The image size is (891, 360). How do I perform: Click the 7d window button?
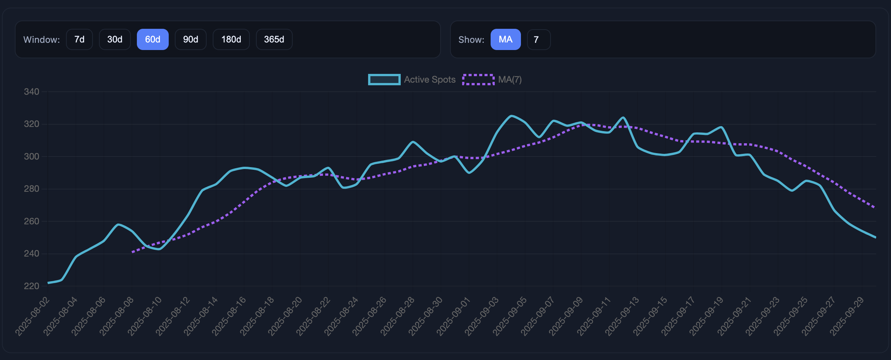(x=79, y=39)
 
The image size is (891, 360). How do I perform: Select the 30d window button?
(x=115, y=39)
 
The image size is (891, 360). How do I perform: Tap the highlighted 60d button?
(x=152, y=39)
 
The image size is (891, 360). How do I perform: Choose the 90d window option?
(x=190, y=39)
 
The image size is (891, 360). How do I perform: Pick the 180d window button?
(x=231, y=39)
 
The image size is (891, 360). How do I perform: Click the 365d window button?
(x=274, y=39)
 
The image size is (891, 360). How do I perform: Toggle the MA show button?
(x=505, y=39)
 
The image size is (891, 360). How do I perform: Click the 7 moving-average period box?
(x=538, y=39)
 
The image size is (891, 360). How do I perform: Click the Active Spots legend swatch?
(x=384, y=80)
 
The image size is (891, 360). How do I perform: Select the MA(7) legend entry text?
(x=510, y=80)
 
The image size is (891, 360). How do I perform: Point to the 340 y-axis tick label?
(x=31, y=92)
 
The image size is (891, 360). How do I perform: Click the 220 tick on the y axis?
(x=31, y=286)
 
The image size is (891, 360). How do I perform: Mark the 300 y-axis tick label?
(x=31, y=157)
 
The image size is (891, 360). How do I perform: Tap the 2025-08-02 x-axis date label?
(x=33, y=316)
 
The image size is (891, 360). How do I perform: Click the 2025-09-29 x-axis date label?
(x=847, y=316)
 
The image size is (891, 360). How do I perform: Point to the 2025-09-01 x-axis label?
(x=454, y=316)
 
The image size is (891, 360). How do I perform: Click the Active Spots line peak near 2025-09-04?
(x=511, y=116)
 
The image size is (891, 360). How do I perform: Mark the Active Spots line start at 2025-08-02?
(x=48, y=283)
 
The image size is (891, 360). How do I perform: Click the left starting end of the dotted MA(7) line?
(x=132, y=252)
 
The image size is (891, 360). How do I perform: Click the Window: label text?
(x=41, y=40)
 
